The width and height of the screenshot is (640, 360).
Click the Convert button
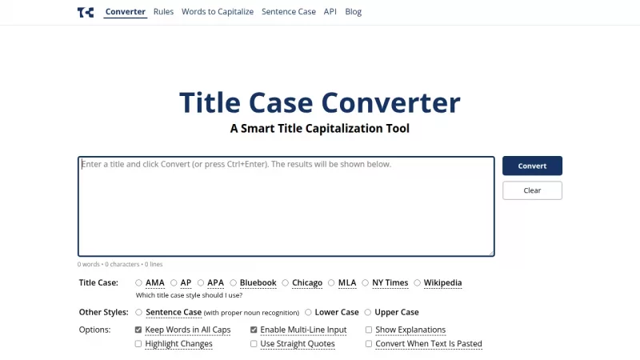pos(532,166)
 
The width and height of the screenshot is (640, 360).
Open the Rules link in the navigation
pos(163,12)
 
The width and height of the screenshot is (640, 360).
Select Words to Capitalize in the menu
pos(217,12)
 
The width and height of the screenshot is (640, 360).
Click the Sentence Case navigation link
pos(288,12)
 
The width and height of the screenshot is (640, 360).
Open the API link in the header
pos(330,12)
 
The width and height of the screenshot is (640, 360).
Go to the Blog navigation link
pos(353,12)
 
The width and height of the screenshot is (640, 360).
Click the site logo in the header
pos(86,12)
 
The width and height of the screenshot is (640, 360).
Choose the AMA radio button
pos(139,282)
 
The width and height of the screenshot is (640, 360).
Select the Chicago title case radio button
pos(286,282)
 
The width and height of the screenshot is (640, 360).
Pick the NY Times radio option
pos(366,282)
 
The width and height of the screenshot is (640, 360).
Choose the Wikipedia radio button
pos(418,282)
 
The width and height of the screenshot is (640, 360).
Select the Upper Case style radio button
pos(368,312)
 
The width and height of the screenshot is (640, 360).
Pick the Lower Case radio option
pos(309,312)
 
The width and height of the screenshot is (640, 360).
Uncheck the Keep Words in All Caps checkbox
pos(139,330)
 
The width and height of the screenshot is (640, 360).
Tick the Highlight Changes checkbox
pos(139,344)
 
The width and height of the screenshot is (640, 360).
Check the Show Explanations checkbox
pos(369,330)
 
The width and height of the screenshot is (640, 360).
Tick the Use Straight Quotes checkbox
pos(254,344)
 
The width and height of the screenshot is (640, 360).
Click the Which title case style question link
pos(189,295)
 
